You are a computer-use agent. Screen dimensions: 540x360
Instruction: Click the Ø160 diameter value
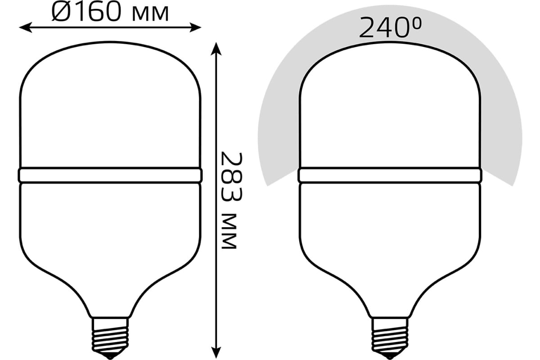(x=86, y=13)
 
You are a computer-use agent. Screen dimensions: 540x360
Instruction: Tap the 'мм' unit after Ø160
(x=150, y=15)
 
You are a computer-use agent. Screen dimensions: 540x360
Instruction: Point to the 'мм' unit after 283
(x=229, y=231)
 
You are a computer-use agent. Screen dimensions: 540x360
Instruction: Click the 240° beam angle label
(x=390, y=27)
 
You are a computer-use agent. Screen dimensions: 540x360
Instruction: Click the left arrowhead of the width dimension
(x=26, y=27)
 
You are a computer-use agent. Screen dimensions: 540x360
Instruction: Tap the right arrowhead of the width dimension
(x=195, y=27)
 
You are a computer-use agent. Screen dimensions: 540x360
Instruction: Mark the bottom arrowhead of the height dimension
(x=216, y=353)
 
